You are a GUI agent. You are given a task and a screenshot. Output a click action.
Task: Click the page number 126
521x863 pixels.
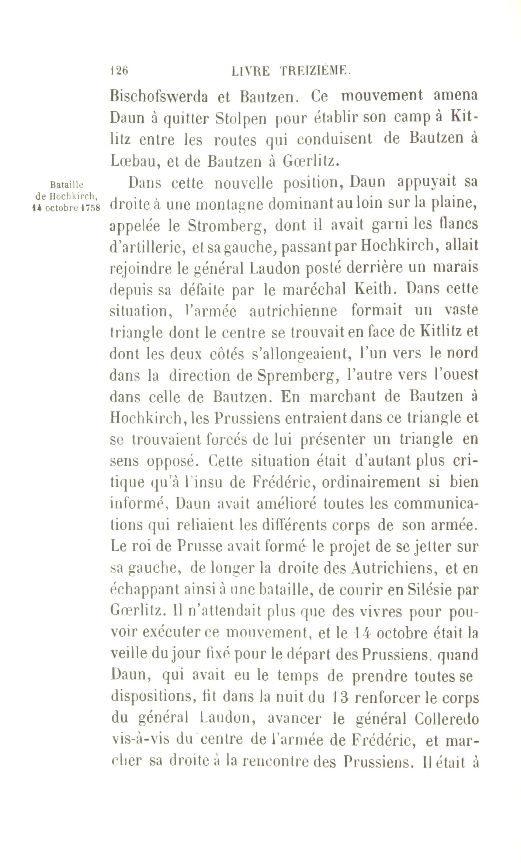coord(119,70)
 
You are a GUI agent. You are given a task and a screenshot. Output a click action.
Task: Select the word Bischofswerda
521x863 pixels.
coord(159,97)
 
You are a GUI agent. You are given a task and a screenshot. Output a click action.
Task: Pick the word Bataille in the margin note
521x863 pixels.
coord(67,184)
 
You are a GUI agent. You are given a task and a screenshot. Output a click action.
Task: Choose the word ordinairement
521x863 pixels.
coord(370,482)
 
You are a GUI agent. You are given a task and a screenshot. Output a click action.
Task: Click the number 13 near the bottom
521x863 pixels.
coord(340,698)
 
